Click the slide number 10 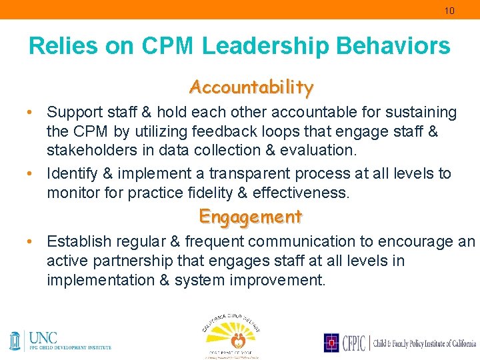click(450, 11)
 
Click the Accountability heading click(251, 87)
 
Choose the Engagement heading click(251, 217)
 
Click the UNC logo click(60, 340)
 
